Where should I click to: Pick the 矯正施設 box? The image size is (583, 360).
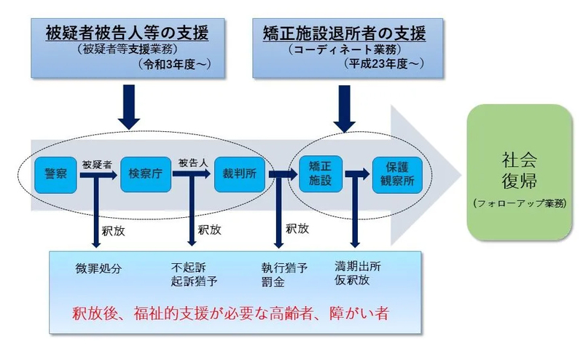click(314, 173)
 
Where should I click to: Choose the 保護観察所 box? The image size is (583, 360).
click(395, 173)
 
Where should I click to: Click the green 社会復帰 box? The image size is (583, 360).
click(519, 172)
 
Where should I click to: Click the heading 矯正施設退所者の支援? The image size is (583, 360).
click(343, 33)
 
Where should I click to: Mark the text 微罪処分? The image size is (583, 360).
click(98, 267)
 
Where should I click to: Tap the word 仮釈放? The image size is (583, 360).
click(352, 280)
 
